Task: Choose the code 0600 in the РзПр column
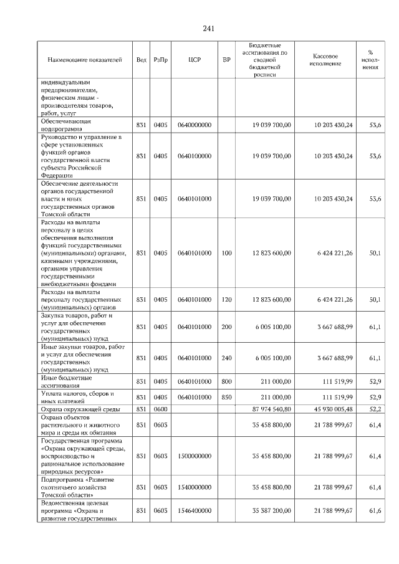pos(161,408)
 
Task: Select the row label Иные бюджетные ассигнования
pos(67,381)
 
